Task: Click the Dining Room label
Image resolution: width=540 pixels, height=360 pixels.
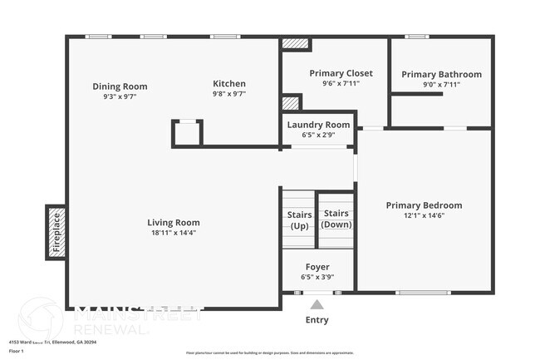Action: pyautogui.click(x=120, y=86)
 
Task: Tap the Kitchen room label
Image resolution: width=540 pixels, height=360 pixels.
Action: pyautogui.click(x=229, y=84)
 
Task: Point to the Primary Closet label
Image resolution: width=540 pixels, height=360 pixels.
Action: pyautogui.click(x=341, y=73)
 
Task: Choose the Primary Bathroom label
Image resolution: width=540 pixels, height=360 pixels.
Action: pyautogui.click(x=441, y=74)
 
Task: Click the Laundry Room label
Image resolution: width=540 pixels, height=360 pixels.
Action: pyautogui.click(x=318, y=125)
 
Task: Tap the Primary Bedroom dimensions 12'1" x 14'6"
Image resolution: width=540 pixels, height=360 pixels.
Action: pyautogui.click(x=424, y=215)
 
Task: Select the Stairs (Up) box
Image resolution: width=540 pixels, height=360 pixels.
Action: pyautogui.click(x=299, y=219)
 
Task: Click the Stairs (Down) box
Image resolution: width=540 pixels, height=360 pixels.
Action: pyautogui.click(x=336, y=219)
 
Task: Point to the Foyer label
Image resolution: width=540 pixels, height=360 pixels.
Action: pyautogui.click(x=318, y=267)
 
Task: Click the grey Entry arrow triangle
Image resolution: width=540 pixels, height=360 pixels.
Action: pyautogui.click(x=317, y=305)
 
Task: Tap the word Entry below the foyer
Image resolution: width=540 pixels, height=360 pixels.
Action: pyautogui.click(x=317, y=320)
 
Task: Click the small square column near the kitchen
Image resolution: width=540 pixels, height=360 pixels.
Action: pyautogui.click(x=187, y=133)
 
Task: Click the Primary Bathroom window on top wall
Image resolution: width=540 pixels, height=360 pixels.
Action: pyautogui.click(x=416, y=37)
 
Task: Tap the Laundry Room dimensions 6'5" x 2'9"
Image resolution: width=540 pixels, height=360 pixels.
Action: pyautogui.click(x=318, y=135)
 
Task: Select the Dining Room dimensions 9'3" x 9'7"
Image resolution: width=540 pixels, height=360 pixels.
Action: pyautogui.click(x=120, y=96)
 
